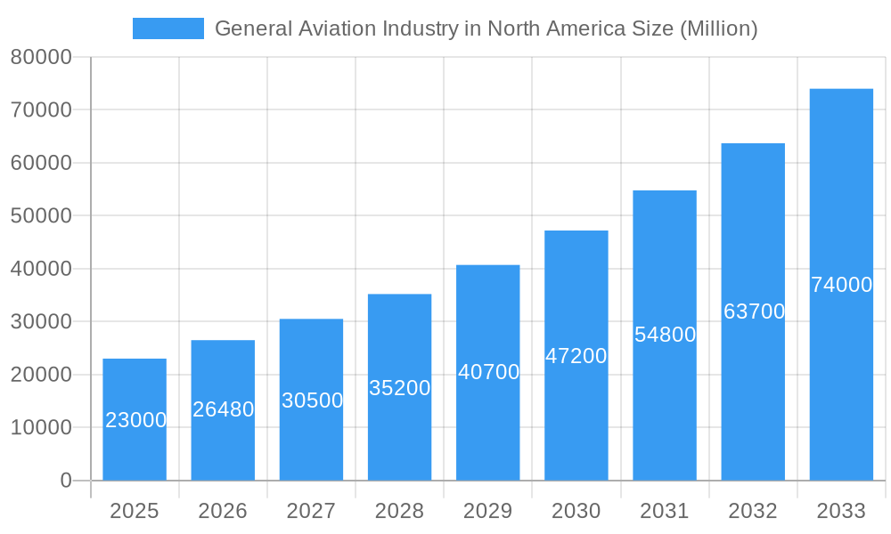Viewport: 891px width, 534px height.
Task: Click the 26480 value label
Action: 224,409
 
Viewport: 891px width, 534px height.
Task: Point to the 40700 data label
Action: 488,372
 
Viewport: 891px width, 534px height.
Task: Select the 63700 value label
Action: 754,311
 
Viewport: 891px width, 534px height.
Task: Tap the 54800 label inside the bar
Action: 665,335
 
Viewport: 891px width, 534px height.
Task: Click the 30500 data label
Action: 312,400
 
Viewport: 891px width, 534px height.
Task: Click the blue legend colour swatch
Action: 168,28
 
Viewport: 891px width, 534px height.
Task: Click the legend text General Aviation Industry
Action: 486,28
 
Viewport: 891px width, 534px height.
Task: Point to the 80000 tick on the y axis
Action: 41,57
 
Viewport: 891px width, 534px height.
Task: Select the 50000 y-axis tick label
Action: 41,215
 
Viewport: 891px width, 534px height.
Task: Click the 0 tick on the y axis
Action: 65,481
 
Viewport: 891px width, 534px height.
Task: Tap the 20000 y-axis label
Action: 41,375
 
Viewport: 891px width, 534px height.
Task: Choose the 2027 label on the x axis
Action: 311,511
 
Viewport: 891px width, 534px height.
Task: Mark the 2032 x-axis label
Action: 753,511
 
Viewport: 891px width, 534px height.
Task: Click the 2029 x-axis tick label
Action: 487,511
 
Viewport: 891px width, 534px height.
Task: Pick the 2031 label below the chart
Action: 665,511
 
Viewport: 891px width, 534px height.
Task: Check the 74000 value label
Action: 841,285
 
